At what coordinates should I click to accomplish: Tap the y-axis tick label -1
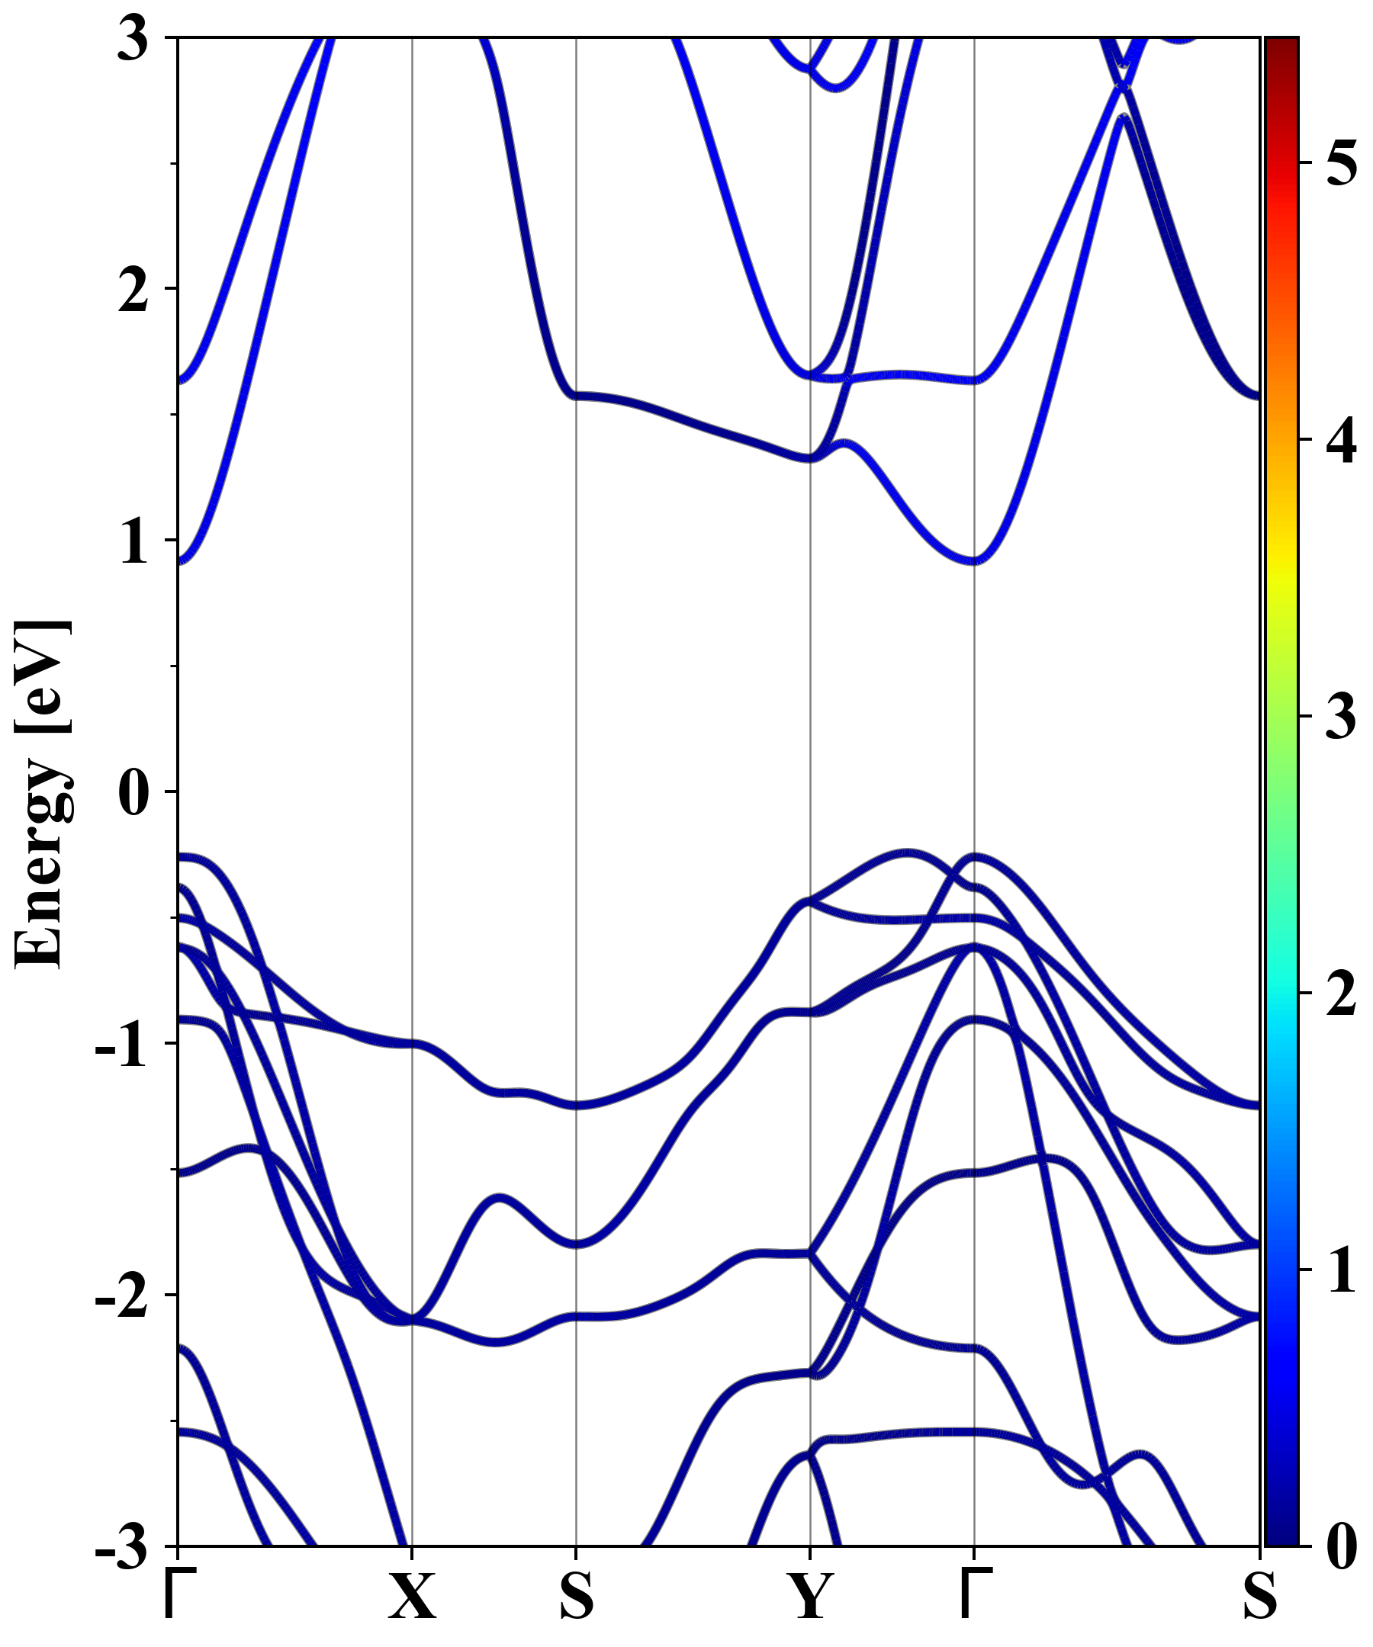coord(121,1044)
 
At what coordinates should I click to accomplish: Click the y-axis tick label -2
coord(121,1295)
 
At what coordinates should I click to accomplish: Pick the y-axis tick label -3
coord(121,1546)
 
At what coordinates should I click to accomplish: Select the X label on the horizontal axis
coord(412,1596)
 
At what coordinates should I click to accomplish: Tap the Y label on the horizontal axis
coord(809,1596)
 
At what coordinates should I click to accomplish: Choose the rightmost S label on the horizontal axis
coord(1259,1596)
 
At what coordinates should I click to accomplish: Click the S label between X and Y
coord(577,1596)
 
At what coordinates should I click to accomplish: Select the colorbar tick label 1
coord(1342,1270)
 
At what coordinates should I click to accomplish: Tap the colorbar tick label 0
coord(1342,1546)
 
